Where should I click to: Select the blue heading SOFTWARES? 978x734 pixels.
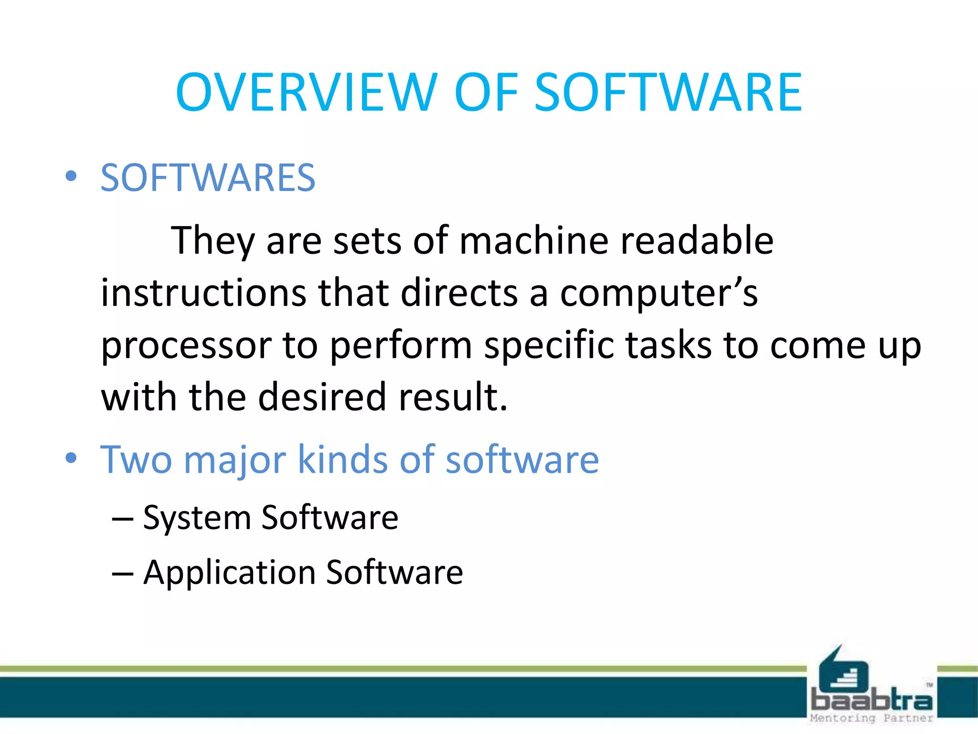click(208, 178)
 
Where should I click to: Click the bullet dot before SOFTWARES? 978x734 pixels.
click(71, 176)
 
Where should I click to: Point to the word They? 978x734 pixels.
click(213, 241)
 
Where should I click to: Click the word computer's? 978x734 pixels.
click(659, 293)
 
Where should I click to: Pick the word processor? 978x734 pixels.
click(186, 345)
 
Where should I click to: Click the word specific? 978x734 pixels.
click(549, 345)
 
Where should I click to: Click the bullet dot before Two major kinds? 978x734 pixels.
click(71, 458)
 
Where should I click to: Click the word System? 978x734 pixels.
click(197, 518)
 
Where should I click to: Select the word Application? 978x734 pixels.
click(229, 572)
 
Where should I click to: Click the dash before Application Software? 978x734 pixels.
click(122, 573)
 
